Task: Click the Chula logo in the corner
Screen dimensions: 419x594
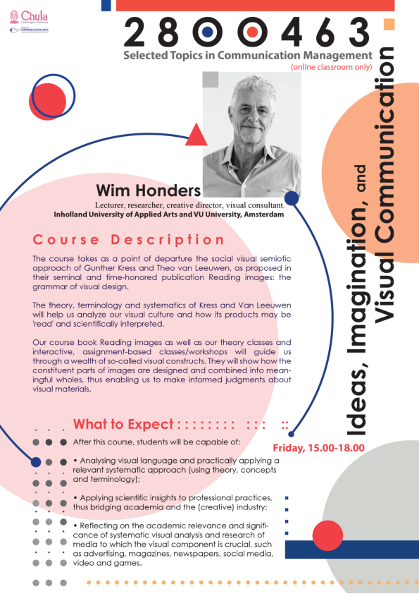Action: (x=28, y=16)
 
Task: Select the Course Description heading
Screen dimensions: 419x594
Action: (x=129, y=240)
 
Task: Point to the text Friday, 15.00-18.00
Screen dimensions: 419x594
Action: (x=318, y=448)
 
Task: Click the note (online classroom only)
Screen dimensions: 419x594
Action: (x=330, y=66)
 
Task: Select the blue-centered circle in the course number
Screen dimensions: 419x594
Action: (x=208, y=32)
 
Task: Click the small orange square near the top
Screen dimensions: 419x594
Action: (x=388, y=26)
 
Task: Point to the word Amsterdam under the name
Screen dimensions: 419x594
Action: (x=261, y=214)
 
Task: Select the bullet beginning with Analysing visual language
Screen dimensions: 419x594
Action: (x=175, y=469)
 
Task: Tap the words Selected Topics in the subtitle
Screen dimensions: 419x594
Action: (x=161, y=55)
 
